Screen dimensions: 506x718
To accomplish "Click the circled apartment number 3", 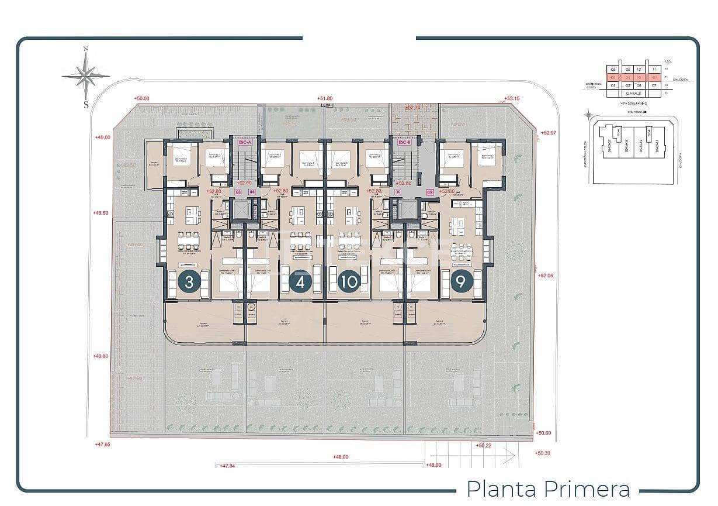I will coord(189,282).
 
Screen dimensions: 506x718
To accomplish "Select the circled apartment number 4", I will coord(300,282).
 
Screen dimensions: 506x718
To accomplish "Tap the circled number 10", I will coord(349,282).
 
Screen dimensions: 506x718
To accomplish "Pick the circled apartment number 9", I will coord(461,282).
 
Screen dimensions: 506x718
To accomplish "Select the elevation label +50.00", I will coord(141,99).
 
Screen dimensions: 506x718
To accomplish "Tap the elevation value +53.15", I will coord(512,99).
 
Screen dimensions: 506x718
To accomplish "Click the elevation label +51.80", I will coord(325,99).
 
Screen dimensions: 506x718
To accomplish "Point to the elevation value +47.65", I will coord(102,445).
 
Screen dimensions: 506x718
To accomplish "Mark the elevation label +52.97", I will coord(549,133).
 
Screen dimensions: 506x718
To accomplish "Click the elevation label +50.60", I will coord(543,433).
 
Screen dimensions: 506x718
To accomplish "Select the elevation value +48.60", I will coord(100,213).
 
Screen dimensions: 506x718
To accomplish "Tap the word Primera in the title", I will coord(587,488).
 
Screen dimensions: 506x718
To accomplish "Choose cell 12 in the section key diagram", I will coord(640,68).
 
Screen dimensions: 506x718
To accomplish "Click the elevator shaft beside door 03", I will coord(240,209).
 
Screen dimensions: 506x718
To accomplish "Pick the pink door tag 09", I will coord(430,191).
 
